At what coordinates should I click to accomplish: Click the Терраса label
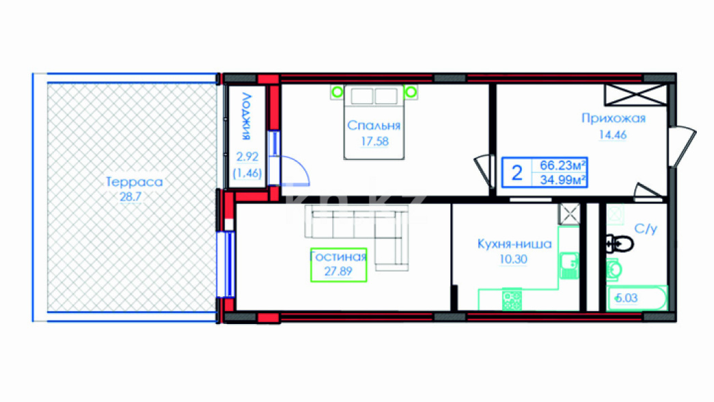tap(135, 182)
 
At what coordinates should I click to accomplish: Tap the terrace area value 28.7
tap(131, 197)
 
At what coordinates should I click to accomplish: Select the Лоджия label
tap(247, 116)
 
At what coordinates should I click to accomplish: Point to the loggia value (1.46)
tap(247, 173)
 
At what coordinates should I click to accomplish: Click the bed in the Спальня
tap(374, 122)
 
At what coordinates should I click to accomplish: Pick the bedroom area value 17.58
tap(374, 142)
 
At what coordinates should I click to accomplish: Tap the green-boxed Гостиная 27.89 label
tap(338, 265)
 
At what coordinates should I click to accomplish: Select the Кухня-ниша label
tap(514, 244)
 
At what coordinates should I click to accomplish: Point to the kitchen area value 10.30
tap(513, 259)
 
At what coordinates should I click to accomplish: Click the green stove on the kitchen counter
tap(512, 300)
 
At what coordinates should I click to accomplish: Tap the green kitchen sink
tap(568, 265)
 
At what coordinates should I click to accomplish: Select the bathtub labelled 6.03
tap(637, 299)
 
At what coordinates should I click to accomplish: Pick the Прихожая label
tap(614, 118)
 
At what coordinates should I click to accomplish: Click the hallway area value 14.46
tap(612, 135)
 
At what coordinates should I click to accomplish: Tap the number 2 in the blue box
tap(517, 173)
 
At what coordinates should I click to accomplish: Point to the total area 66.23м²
tap(562, 165)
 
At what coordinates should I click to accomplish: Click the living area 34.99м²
tap(562, 180)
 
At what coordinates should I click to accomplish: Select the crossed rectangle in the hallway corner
tap(635, 95)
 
